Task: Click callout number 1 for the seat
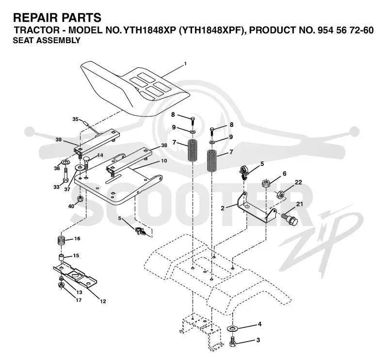point(185,64)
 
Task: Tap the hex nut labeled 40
point(80,199)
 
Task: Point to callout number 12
point(103,301)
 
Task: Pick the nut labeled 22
point(280,194)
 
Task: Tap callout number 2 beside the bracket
point(223,208)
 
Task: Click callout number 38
point(164,145)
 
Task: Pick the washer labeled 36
point(65,162)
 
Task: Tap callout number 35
point(75,119)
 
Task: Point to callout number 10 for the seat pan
point(164,161)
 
